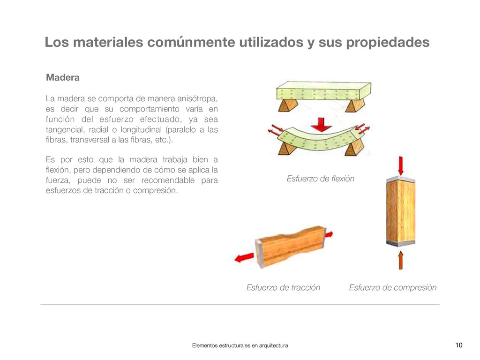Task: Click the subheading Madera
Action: (63, 77)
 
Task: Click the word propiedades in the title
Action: (388, 43)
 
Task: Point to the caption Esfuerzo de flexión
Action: (321, 179)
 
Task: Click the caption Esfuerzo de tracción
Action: (283, 287)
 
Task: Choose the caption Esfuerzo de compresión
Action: (393, 287)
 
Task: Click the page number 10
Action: (459, 345)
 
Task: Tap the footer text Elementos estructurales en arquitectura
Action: (240, 345)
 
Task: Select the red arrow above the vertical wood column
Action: (400, 165)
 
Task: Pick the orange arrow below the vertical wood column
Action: (400, 260)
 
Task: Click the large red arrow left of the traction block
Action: (244, 258)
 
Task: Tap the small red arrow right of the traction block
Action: (329, 234)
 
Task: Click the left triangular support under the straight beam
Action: (288, 105)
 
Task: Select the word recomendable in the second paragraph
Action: (168, 180)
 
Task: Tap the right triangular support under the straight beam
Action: (355, 105)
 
